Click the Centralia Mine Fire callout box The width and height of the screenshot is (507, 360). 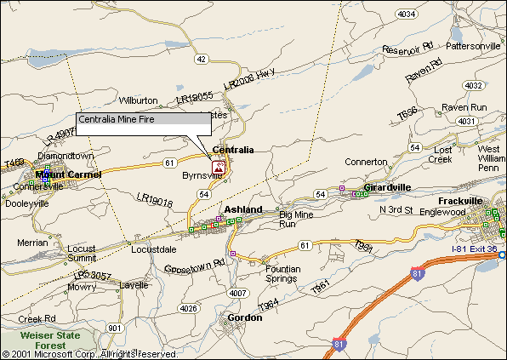(142, 124)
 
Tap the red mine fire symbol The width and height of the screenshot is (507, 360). (219, 168)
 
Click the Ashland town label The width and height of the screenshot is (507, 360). (242, 209)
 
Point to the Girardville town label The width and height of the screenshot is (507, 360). (387, 186)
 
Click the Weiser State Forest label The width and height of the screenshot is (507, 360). (50, 340)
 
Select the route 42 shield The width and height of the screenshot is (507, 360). (201, 59)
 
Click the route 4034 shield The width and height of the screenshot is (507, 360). (407, 14)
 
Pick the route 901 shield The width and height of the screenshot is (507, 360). (116, 328)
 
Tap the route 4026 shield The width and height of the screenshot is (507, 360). (189, 307)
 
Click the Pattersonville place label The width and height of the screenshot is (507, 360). (476, 45)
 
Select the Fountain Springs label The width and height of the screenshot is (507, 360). (282, 273)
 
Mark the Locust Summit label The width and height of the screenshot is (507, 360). (81, 254)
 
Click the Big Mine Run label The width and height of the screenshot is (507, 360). (298, 219)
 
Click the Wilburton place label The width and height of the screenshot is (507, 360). (138, 100)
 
